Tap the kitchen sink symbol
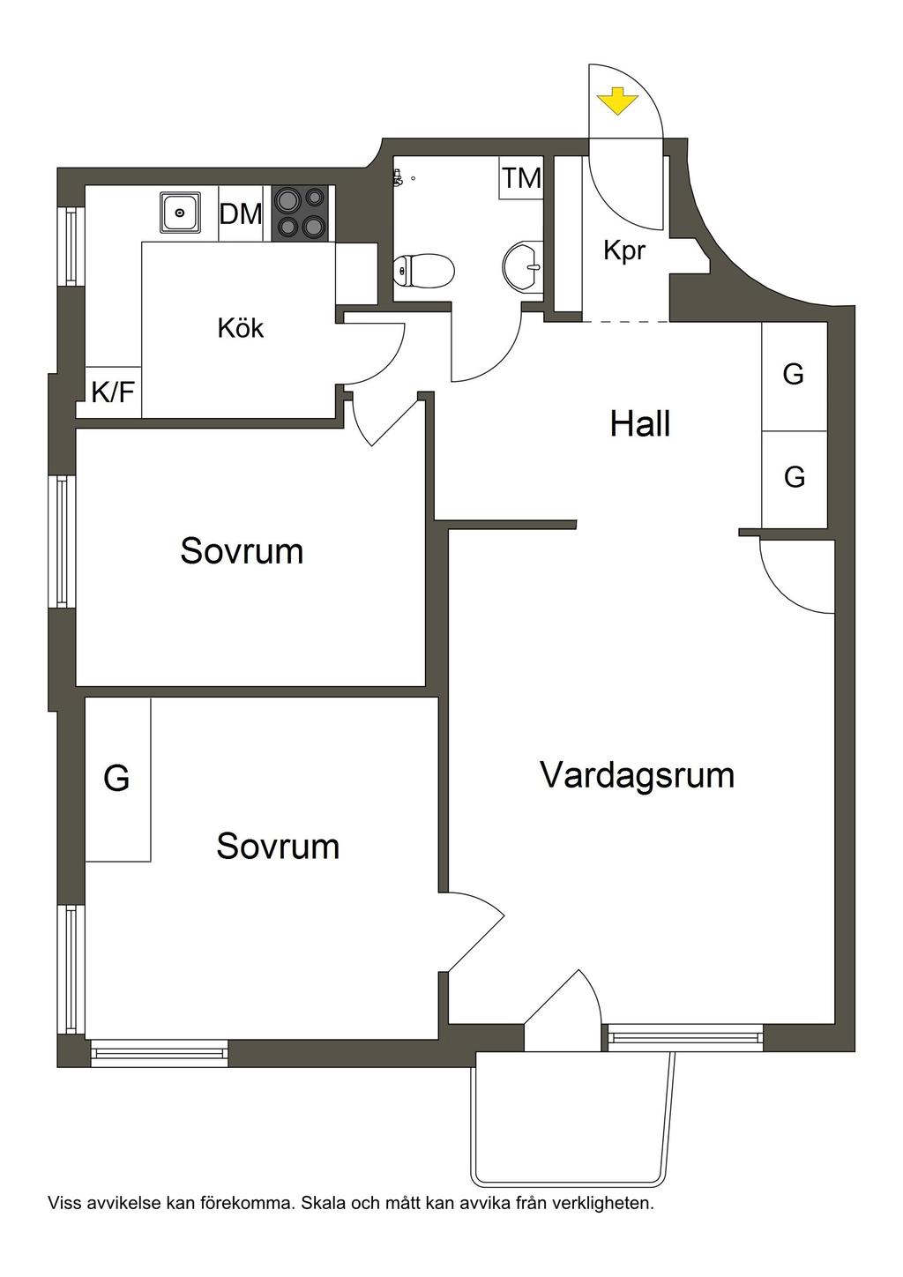(180, 213)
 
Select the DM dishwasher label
(241, 213)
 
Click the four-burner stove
(301, 213)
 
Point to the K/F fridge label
(114, 392)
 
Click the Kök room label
(241, 328)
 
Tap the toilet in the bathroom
(422, 270)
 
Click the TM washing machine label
(521, 178)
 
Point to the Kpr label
(624, 250)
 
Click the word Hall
(640, 424)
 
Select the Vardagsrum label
(637, 775)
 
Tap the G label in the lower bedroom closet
(116, 779)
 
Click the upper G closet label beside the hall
(794, 375)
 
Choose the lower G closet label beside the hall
(795, 477)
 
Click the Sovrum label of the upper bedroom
(242, 551)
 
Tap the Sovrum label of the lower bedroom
(278, 846)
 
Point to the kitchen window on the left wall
(71, 246)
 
